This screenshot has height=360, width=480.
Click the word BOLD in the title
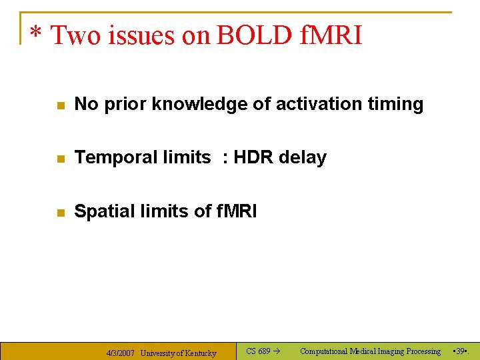coord(253,35)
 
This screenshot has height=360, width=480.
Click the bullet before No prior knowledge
coord(60,105)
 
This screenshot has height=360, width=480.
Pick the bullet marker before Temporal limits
coord(60,159)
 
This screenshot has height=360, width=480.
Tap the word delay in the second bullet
coord(303,158)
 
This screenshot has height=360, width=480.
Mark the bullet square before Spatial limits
coord(60,213)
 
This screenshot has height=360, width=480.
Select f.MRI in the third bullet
coord(236,211)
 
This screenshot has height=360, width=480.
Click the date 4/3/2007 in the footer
coord(121,353)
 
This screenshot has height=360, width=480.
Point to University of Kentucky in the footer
coord(178,353)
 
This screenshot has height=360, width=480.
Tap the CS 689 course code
coord(257,351)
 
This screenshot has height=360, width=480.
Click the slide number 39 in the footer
coord(459,351)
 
